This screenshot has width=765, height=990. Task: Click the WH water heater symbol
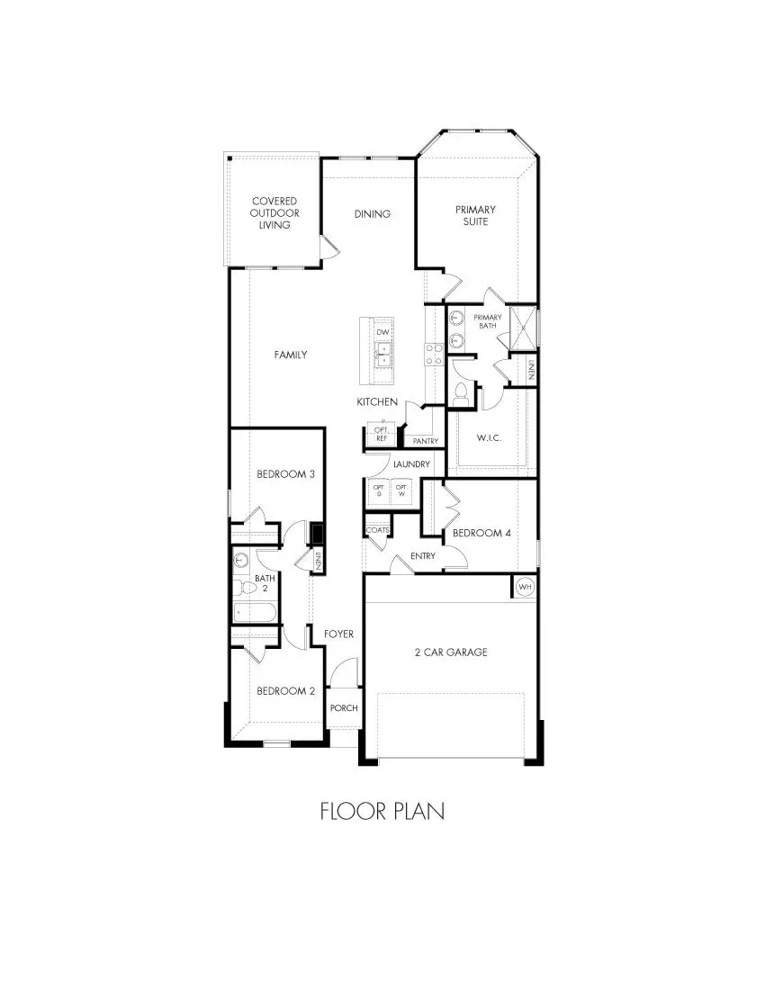[525, 587]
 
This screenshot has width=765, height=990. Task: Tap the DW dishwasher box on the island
[382, 333]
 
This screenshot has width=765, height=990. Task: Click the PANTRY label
[425, 441]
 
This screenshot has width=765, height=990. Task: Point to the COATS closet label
[378, 530]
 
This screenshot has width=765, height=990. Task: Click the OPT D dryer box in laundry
[378, 492]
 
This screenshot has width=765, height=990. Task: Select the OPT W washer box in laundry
[402, 492]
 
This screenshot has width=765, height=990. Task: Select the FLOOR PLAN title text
[382, 811]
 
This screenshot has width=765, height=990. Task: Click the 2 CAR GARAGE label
[452, 652]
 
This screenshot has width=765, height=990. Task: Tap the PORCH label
[344, 707]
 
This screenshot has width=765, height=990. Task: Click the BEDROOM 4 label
[481, 533]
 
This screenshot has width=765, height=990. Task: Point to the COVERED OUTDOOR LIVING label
[274, 213]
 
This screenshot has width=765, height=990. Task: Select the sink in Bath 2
[240, 560]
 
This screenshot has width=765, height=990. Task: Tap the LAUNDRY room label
[411, 464]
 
